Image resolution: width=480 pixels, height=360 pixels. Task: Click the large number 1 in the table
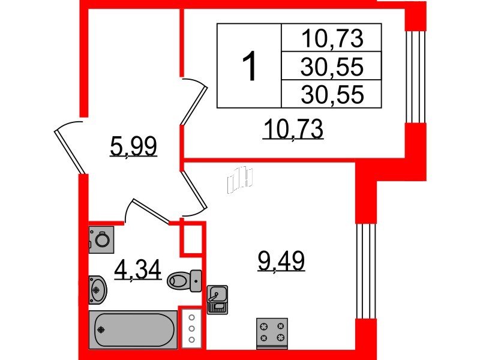click(x=249, y=66)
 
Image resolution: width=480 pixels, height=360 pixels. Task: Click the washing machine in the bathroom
click(x=100, y=239)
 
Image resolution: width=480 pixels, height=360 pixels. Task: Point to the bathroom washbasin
click(x=98, y=289)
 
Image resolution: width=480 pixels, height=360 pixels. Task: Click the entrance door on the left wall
click(x=71, y=147)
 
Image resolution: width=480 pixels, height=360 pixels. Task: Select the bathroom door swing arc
click(x=146, y=210)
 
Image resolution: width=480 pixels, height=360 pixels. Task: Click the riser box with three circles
click(x=191, y=327)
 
